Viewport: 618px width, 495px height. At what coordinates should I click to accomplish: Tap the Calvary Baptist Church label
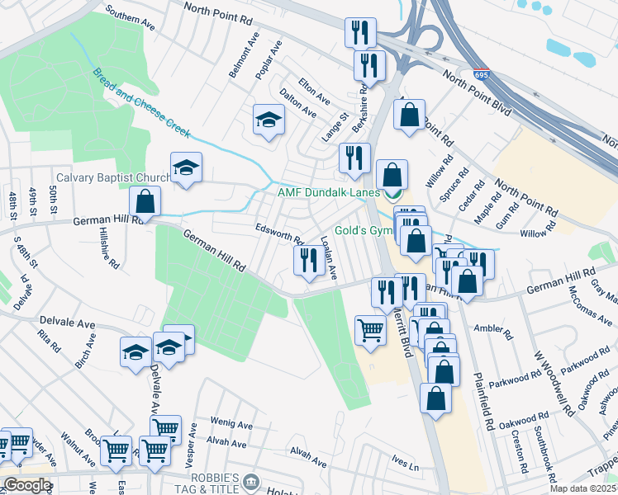coord(113,177)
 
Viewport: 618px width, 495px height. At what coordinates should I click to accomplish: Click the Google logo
coord(27,485)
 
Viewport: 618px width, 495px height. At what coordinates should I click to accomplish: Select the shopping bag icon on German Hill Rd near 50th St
coord(145,201)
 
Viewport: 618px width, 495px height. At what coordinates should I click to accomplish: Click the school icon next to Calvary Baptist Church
coord(186,168)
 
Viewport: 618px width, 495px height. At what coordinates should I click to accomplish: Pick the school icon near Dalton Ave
coord(268,120)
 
